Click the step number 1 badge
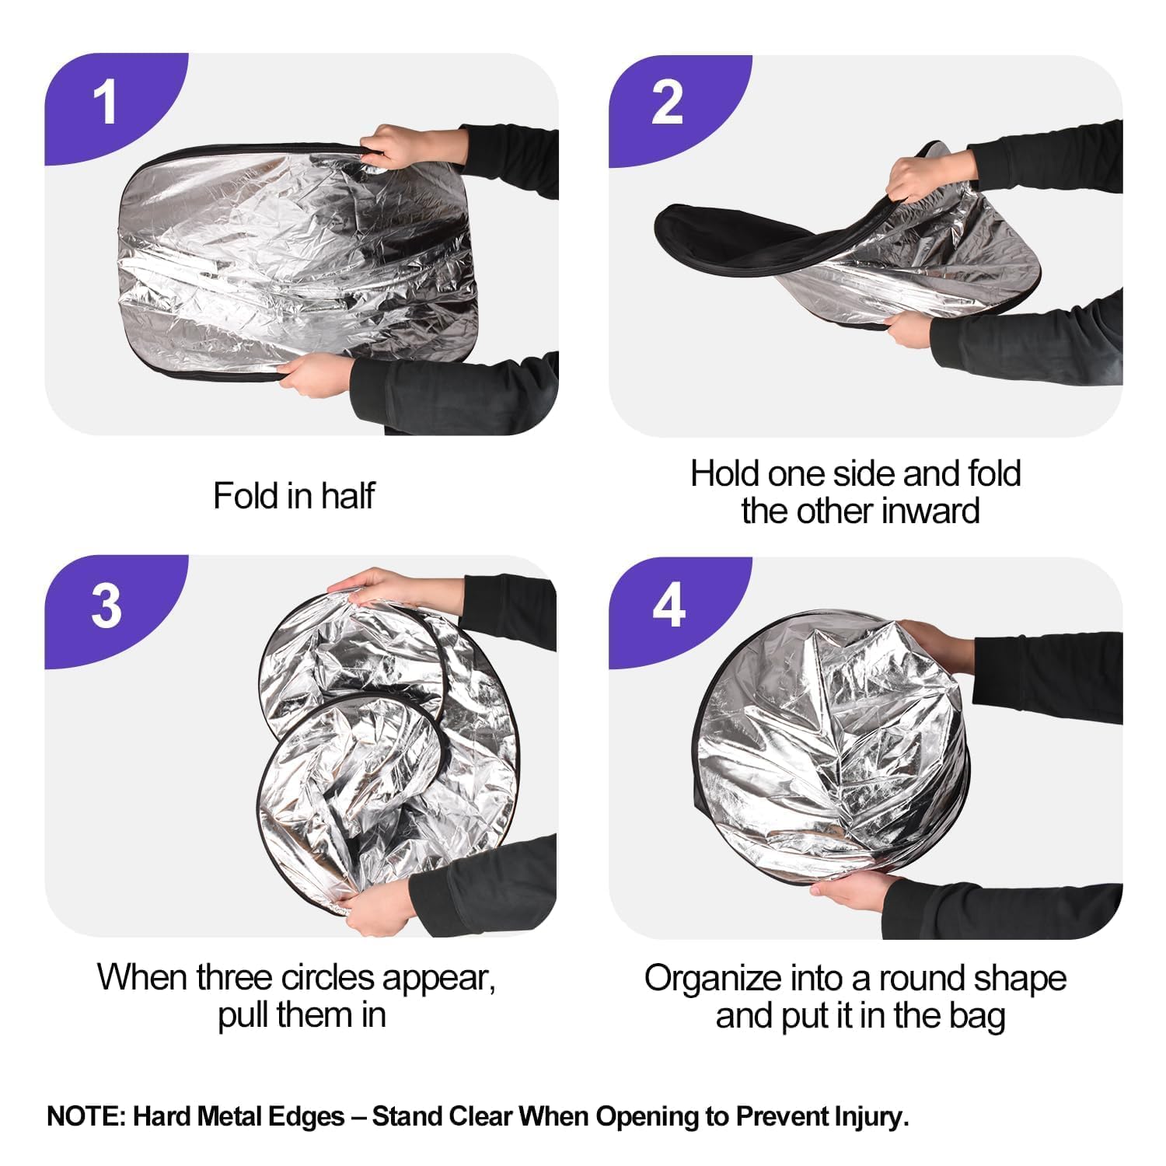click(105, 103)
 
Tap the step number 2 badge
click(667, 103)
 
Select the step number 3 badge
click(106, 606)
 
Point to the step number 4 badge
click(669, 606)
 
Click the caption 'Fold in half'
click(294, 496)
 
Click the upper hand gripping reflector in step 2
click(929, 177)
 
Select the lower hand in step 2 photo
click(909, 326)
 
